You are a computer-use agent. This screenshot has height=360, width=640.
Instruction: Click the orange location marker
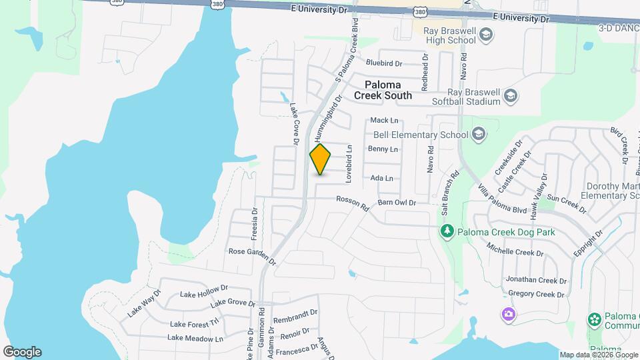click(320, 159)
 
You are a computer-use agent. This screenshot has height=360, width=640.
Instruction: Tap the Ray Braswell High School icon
click(486, 35)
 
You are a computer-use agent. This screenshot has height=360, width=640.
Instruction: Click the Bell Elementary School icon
click(477, 135)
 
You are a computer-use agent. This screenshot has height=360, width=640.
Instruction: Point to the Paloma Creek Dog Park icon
click(447, 232)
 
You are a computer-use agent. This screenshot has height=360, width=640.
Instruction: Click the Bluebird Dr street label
click(384, 63)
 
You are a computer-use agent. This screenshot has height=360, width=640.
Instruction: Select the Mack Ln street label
click(384, 121)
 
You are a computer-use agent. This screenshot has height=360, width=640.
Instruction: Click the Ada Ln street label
click(381, 179)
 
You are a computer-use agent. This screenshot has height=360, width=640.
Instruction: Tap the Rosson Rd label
click(353, 203)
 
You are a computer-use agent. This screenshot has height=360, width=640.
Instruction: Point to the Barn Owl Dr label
click(397, 203)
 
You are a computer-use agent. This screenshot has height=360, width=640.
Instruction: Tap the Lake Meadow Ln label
click(195, 338)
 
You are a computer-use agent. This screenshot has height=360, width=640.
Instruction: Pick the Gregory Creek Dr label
click(531, 294)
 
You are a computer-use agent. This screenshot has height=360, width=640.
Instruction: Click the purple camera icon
click(509, 314)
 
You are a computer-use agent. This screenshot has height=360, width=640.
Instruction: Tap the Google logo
click(22, 351)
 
